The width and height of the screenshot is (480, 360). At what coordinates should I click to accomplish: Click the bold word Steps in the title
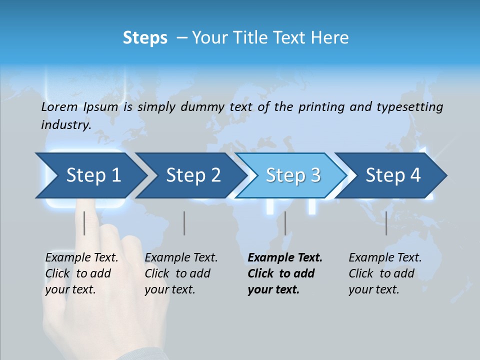145,38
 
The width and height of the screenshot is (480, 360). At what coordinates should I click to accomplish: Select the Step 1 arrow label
93,175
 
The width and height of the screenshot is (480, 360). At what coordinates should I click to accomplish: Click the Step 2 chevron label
193,175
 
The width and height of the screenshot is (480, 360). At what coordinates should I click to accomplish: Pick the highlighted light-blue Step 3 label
293,175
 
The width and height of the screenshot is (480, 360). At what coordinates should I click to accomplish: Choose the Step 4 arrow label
393,175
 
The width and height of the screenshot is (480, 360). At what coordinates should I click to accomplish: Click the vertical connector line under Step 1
84,223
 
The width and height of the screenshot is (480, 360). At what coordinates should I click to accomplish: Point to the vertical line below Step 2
184,223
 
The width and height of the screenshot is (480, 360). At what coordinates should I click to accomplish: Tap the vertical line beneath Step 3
285,223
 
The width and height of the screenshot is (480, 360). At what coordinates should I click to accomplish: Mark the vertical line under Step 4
386,223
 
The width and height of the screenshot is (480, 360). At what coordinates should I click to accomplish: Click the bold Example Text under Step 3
285,258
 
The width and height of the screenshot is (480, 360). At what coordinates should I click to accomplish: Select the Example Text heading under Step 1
81,258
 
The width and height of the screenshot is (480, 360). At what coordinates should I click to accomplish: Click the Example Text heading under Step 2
181,258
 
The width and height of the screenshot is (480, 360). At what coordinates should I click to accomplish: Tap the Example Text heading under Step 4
385,258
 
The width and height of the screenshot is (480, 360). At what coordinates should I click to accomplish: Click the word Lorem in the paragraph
59,106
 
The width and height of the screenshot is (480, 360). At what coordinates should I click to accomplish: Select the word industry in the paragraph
65,124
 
